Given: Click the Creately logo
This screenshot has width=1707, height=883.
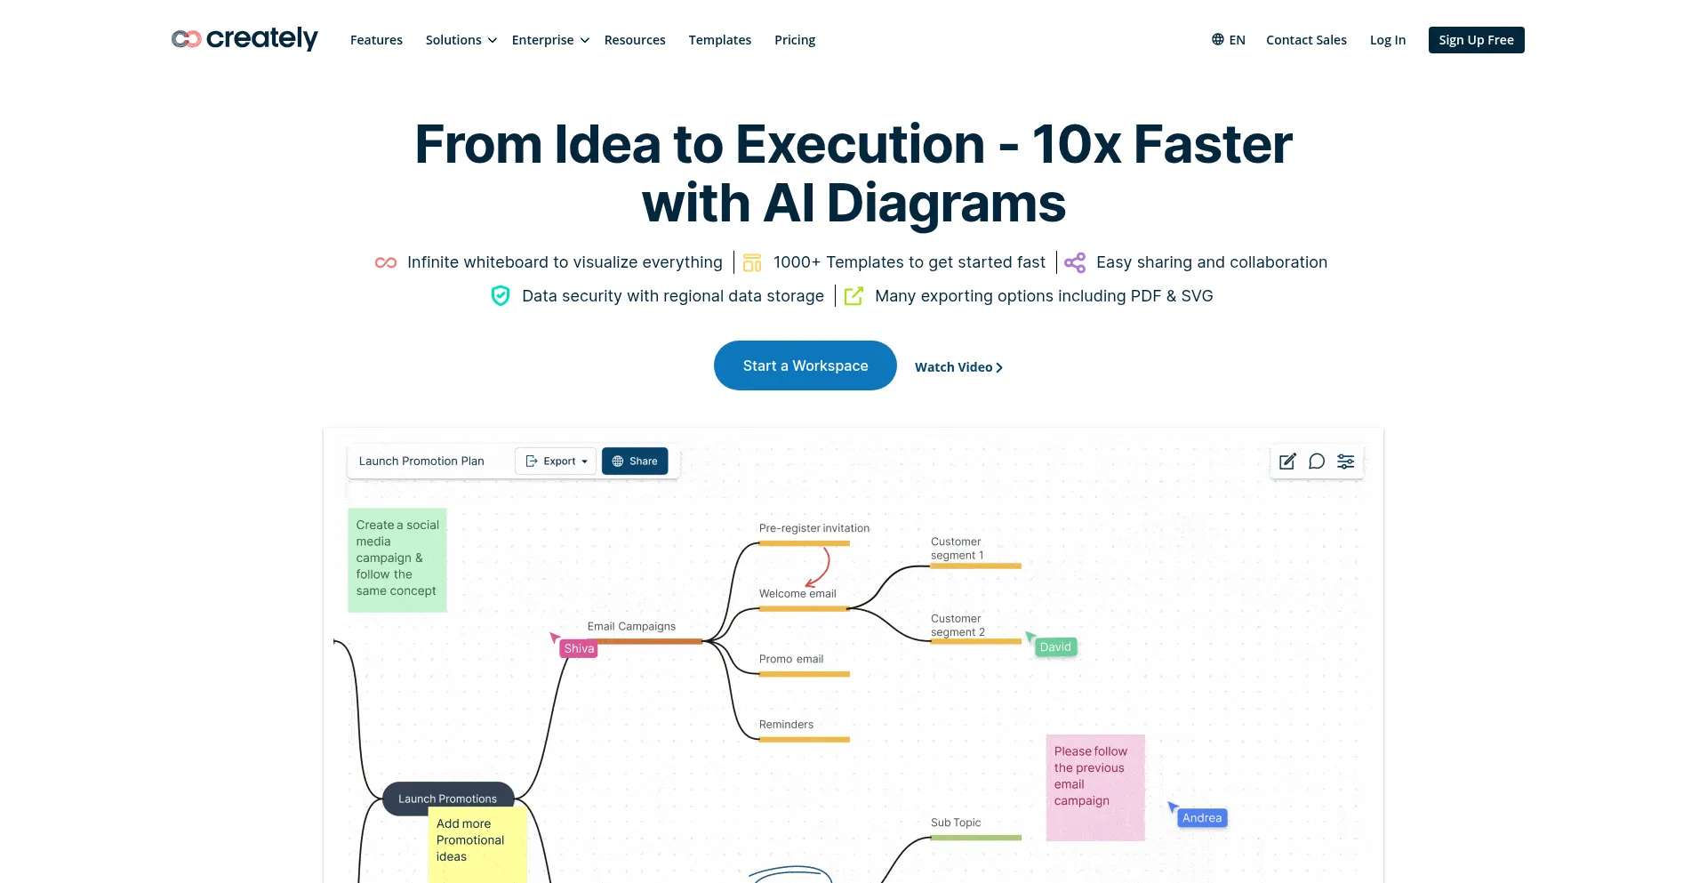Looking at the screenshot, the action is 244,39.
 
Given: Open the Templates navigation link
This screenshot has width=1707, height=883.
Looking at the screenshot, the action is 719,40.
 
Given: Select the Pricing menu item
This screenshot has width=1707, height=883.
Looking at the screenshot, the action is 795,40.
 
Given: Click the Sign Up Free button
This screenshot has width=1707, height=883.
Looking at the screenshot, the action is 1476,40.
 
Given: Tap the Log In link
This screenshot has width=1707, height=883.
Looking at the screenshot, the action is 1388,40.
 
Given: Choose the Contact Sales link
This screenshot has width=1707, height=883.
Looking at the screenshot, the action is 1306,40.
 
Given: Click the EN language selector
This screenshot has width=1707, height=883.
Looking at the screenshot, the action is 1228,40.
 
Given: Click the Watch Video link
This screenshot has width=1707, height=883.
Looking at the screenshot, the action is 958,367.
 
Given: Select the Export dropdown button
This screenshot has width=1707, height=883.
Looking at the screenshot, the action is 556,461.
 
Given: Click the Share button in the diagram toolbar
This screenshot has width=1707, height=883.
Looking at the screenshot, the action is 635,461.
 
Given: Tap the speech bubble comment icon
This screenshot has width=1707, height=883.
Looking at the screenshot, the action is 1317,461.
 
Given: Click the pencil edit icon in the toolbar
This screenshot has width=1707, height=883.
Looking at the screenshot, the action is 1287,461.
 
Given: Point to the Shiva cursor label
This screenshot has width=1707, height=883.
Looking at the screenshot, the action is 579,648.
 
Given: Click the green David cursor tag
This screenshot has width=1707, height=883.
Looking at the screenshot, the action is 1055,646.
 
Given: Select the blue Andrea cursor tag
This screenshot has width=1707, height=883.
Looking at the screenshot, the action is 1202,818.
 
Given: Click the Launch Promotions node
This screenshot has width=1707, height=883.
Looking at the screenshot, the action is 448,799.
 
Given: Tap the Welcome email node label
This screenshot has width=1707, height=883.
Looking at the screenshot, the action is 797,594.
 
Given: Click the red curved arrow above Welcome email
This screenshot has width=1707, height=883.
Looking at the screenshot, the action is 826,566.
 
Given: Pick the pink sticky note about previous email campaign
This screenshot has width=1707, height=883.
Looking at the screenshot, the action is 1095,788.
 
